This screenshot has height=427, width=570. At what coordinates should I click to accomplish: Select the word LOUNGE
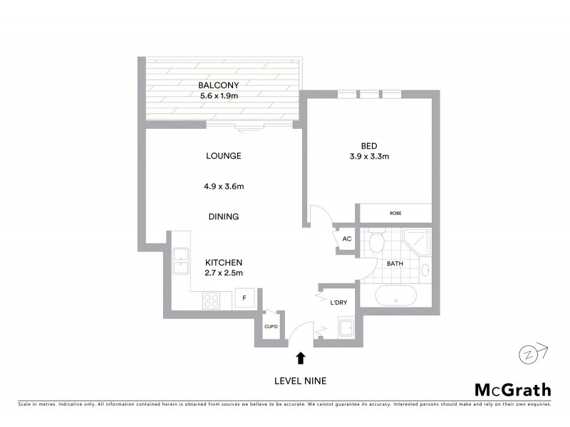[x=224, y=156]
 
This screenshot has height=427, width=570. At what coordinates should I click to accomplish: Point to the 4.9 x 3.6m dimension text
[x=224, y=187]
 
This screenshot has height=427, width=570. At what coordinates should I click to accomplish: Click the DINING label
[x=224, y=216]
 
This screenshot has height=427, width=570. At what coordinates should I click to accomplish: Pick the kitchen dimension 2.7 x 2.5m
[x=224, y=273]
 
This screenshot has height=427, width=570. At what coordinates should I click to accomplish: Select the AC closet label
[x=347, y=239]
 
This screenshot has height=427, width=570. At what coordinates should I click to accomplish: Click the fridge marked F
[x=245, y=298]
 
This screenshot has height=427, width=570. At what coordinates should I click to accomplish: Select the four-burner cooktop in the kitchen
[x=212, y=300]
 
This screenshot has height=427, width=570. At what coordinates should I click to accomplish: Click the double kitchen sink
[x=180, y=260]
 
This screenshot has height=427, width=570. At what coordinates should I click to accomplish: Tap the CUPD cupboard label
[x=271, y=327]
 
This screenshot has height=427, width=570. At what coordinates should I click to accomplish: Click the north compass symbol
[x=528, y=354]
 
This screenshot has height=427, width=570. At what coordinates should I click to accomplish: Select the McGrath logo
[x=512, y=389]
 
